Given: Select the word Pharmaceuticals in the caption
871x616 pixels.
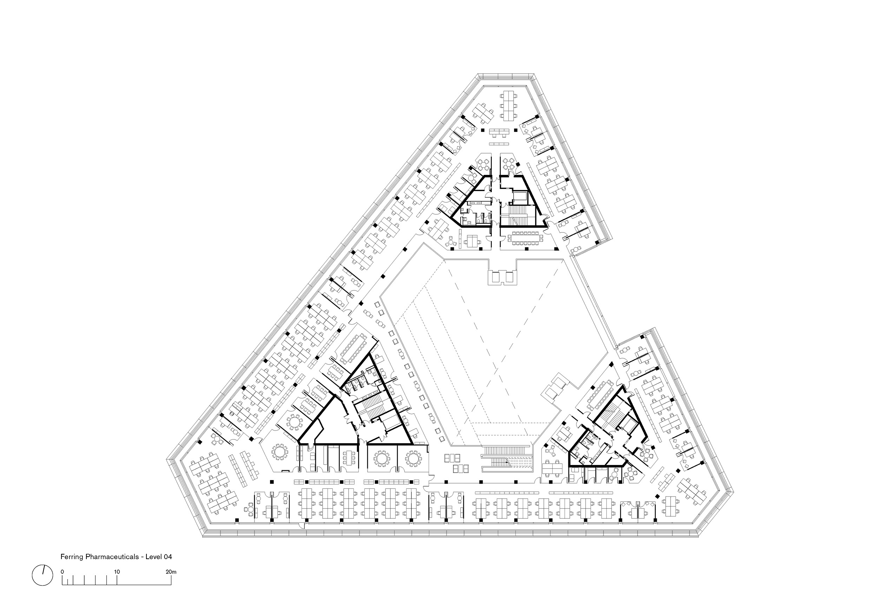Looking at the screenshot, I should (112, 557).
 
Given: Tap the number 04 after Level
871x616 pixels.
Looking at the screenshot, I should (168, 557).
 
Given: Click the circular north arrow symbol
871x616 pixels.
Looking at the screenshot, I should (42, 575).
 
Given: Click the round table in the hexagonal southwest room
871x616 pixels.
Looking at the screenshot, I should (279, 452).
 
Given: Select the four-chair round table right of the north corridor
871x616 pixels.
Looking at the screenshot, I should (508, 165).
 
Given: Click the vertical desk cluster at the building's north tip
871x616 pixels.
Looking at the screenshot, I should (508, 105).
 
